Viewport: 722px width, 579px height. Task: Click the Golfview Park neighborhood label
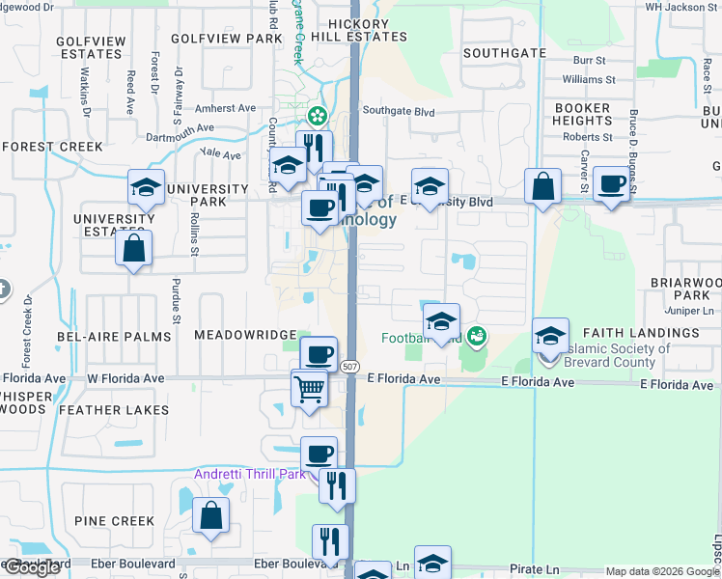tap(226, 39)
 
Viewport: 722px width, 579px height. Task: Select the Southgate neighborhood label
tap(498, 53)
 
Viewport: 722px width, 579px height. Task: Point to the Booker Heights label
tap(581, 115)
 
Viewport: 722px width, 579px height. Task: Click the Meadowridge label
tap(245, 335)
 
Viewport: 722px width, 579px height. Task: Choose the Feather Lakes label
tap(115, 410)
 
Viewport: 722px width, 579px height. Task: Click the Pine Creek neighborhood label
tap(114, 521)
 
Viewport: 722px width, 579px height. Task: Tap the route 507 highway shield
tap(349, 365)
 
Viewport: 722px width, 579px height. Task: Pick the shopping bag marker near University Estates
tap(133, 248)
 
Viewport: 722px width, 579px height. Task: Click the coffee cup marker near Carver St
tap(610, 183)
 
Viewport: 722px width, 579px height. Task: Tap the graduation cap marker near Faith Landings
tap(550, 335)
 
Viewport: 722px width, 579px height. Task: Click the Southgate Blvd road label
tap(399, 112)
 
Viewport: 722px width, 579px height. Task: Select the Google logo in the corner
tap(32, 567)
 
